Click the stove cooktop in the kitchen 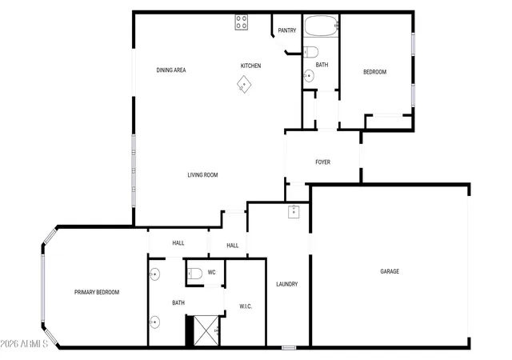point(242,22)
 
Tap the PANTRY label point(287,30)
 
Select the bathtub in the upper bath point(322,26)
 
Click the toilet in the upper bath point(311,52)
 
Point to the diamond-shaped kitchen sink point(244,84)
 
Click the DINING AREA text point(171,70)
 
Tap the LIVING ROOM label point(202,175)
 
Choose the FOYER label point(322,162)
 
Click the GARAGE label point(390,271)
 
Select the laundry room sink point(294,212)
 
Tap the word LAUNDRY point(287,284)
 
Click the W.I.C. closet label point(246,306)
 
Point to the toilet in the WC point(194,273)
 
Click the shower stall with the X point(206,330)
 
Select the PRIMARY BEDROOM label point(97,292)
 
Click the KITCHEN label point(250,66)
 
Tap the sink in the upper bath point(309,76)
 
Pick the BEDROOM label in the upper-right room point(375,72)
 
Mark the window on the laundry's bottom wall point(289,348)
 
